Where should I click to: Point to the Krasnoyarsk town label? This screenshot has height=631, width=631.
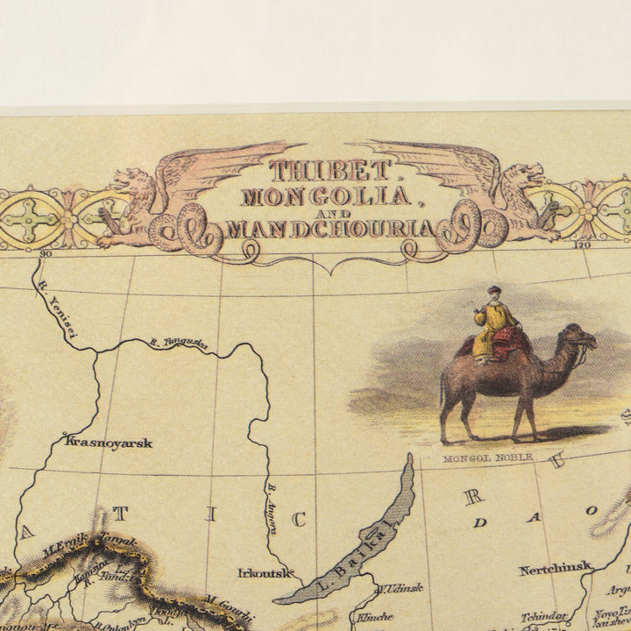[x=109, y=443]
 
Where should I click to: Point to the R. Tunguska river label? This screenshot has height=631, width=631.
[x=179, y=344]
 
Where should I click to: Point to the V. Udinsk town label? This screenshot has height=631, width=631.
[x=401, y=588]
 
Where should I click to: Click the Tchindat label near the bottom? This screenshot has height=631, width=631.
[x=543, y=617]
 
